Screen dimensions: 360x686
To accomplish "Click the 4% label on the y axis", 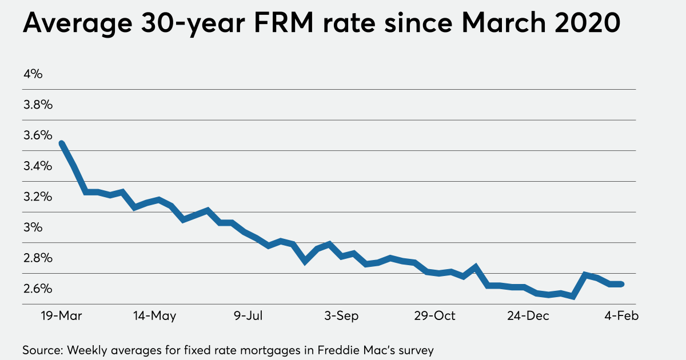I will (x=33, y=74).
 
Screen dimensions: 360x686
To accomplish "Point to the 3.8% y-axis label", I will (x=37, y=105).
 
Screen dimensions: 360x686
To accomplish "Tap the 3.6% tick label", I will (x=37, y=135).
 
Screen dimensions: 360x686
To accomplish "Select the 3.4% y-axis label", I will (x=37, y=166).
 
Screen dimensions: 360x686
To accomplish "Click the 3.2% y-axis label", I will (x=37, y=197).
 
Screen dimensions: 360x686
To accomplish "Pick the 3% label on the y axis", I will (x=33, y=227).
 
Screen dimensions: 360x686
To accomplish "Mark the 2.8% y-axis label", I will (x=37, y=258).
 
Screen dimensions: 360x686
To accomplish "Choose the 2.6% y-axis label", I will (x=37, y=289).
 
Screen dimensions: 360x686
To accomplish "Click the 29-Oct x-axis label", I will (x=436, y=316).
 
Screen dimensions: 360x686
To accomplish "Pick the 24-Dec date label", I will (x=528, y=316).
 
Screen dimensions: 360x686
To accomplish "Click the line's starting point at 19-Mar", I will (x=61, y=143).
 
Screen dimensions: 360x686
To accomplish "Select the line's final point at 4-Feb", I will (x=621, y=284).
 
